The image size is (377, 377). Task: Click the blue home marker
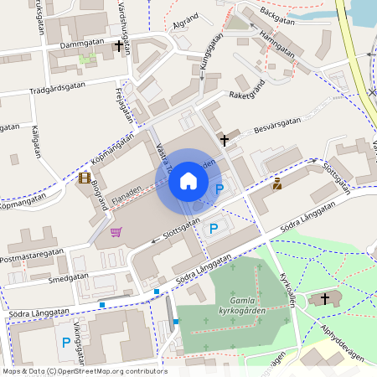pyautogui.click(x=188, y=181)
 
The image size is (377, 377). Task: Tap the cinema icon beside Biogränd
pyautogui.click(x=85, y=178)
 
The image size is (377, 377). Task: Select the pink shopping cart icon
pyautogui.click(x=116, y=232)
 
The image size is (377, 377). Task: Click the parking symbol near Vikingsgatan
pyautogui.click(x=65, y=342)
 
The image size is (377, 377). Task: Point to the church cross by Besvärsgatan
pyautogui.click(x=224, y=139)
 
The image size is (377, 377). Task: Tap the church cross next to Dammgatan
pyautogui.click(x=118, y=46)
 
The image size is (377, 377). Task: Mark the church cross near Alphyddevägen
pyautogui.click(x=325, y=298)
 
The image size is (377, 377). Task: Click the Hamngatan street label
pyautogui.click(x=277, y=45)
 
